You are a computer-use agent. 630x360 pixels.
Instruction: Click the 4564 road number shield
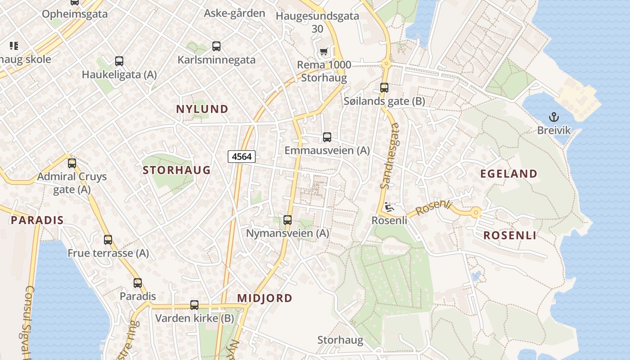[x=242, y=157]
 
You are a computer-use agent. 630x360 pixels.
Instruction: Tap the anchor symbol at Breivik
[x=553, y=117]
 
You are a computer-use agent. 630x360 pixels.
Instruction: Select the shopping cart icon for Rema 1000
[x=324, y=52]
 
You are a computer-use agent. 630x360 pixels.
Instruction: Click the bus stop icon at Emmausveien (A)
[x=327, y=137]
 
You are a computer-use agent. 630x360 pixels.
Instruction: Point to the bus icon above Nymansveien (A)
[x=288, y=220]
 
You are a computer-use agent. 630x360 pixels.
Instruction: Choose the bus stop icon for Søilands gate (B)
[x=384, y=88]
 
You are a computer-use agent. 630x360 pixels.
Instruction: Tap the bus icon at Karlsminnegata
[x=216, y=46]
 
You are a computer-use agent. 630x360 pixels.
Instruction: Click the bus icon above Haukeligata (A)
[x=119, y=61]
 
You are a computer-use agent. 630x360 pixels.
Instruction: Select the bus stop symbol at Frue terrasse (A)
[x=108, y=240]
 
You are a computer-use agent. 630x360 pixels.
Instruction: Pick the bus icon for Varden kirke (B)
[x=194, y=305]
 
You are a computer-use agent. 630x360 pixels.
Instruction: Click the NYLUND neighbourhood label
[x=202, y=109]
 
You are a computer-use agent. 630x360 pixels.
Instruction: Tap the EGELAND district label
[x=508, y=174]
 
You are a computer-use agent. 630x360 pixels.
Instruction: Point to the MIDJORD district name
[x=265, y=298]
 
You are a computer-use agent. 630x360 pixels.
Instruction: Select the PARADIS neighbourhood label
[x=37, y=220]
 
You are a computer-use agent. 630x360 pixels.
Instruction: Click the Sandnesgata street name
[x=390, y=156]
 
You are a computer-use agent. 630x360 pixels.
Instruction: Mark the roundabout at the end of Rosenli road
[x=476, y=212]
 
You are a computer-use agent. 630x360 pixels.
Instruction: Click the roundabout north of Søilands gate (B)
[x=386, y=64]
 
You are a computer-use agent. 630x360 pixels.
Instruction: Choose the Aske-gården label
[x=234, y=13]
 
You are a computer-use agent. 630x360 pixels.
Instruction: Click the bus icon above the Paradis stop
[x=138, y=283]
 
